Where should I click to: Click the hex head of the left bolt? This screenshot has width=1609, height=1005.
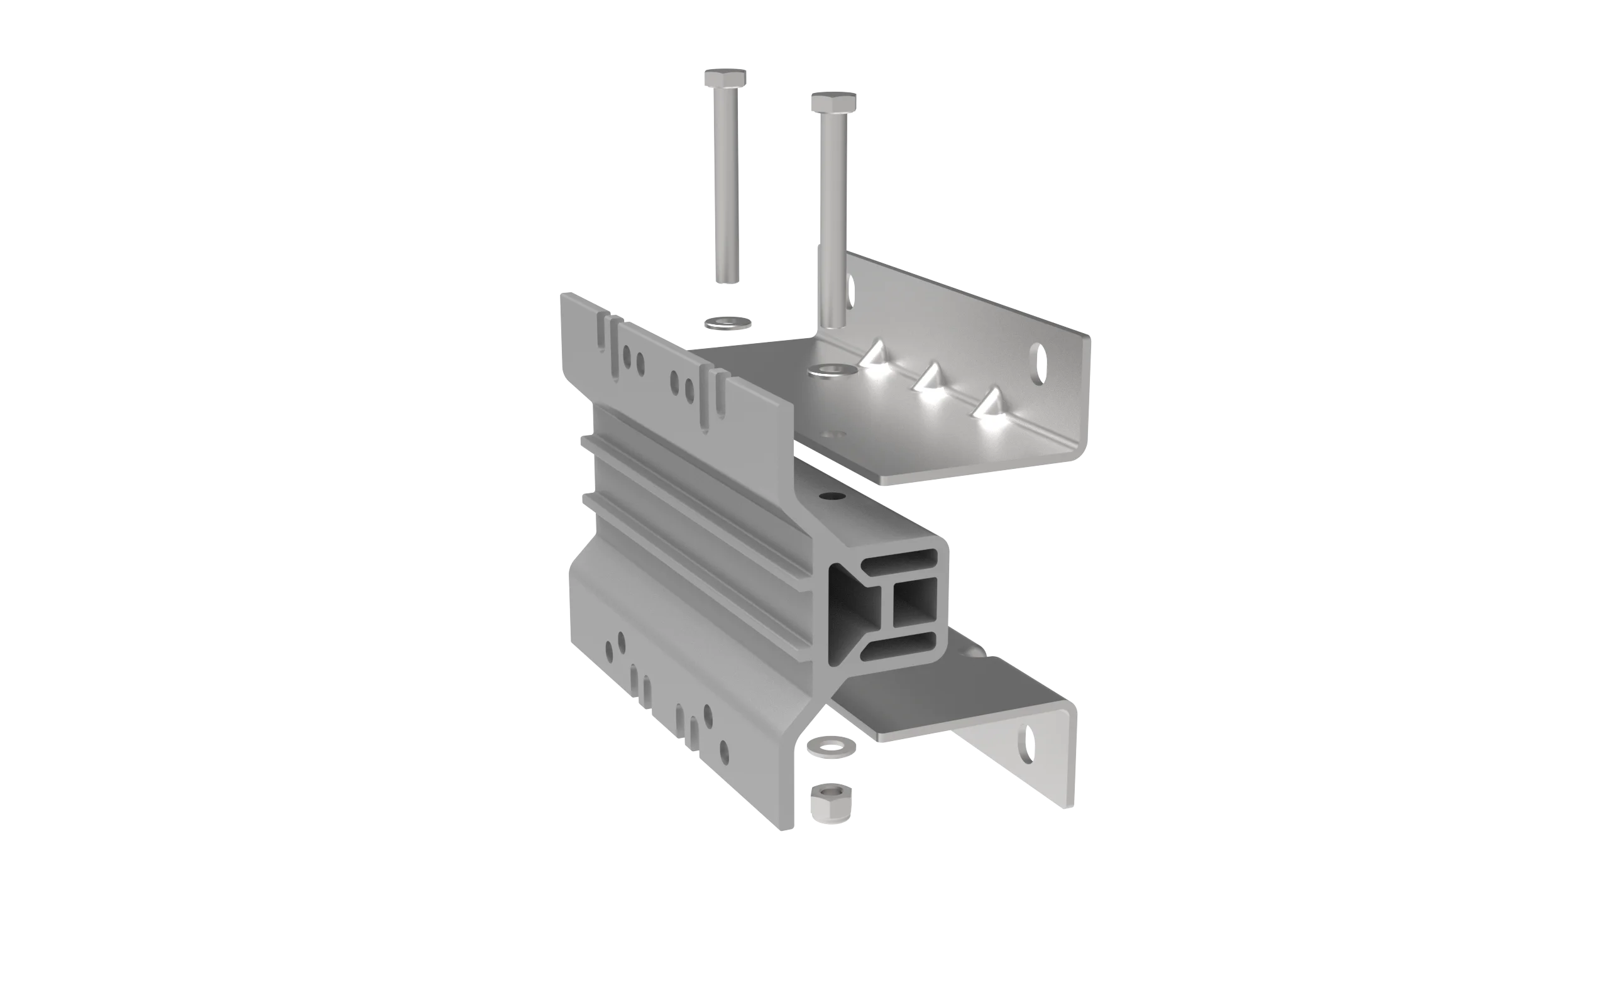coord(726,77)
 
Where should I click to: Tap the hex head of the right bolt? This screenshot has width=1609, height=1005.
coord(833,102)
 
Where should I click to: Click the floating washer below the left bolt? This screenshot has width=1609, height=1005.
coord(728,323)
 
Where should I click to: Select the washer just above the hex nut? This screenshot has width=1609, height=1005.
coord(831,746)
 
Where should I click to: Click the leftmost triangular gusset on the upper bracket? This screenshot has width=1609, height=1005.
coord(875,356)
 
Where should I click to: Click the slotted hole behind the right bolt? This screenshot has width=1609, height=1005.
coord(850,286)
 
